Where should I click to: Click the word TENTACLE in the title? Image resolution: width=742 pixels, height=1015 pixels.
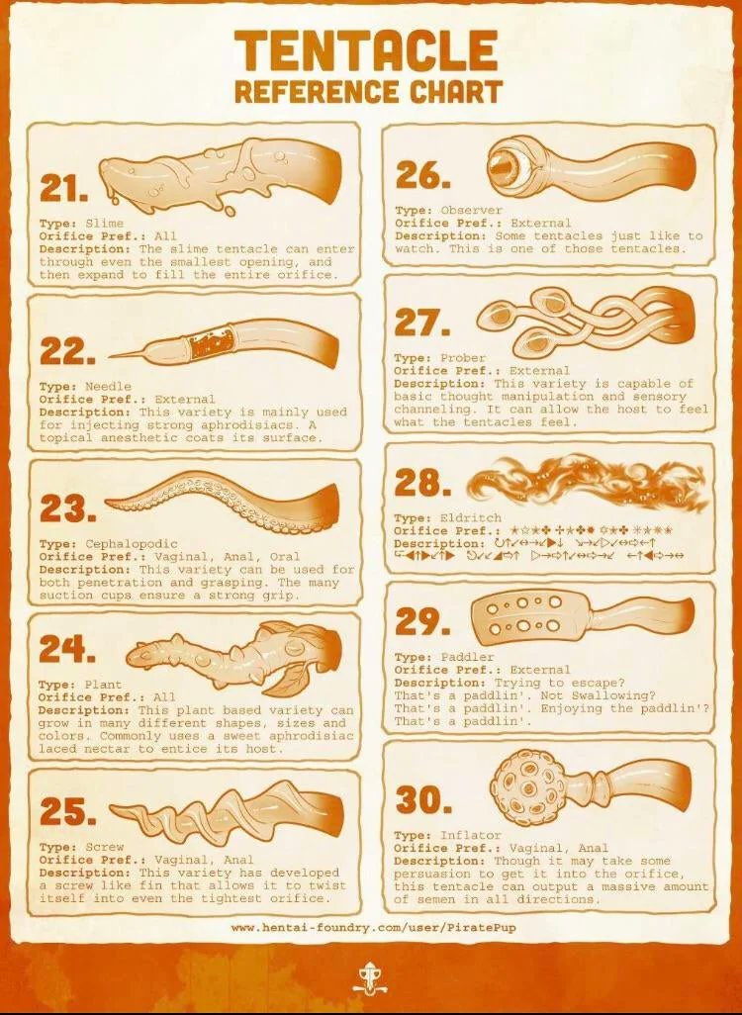(367, 50)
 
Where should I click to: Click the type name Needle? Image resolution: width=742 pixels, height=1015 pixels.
(108, 387)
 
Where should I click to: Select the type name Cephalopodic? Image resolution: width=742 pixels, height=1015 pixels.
(133, 544)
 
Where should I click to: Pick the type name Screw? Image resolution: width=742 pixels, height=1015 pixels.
(105, 848)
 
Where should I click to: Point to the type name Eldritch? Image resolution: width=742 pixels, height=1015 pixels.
(471, 518)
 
